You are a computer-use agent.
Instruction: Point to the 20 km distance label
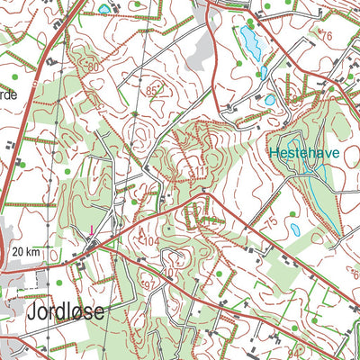[x=29, y=252]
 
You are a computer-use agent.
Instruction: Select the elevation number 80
[x=94, y=68]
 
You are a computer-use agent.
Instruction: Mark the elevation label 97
[x=151, y=285]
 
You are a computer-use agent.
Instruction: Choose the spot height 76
[x=326, y=36]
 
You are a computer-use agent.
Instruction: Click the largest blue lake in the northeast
[x=247, y=40]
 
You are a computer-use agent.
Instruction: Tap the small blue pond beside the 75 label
[x=295, y=230]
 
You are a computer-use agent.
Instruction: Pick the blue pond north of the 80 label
[x=103, y=9]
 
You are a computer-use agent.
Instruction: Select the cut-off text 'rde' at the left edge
[x=9, y=94]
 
